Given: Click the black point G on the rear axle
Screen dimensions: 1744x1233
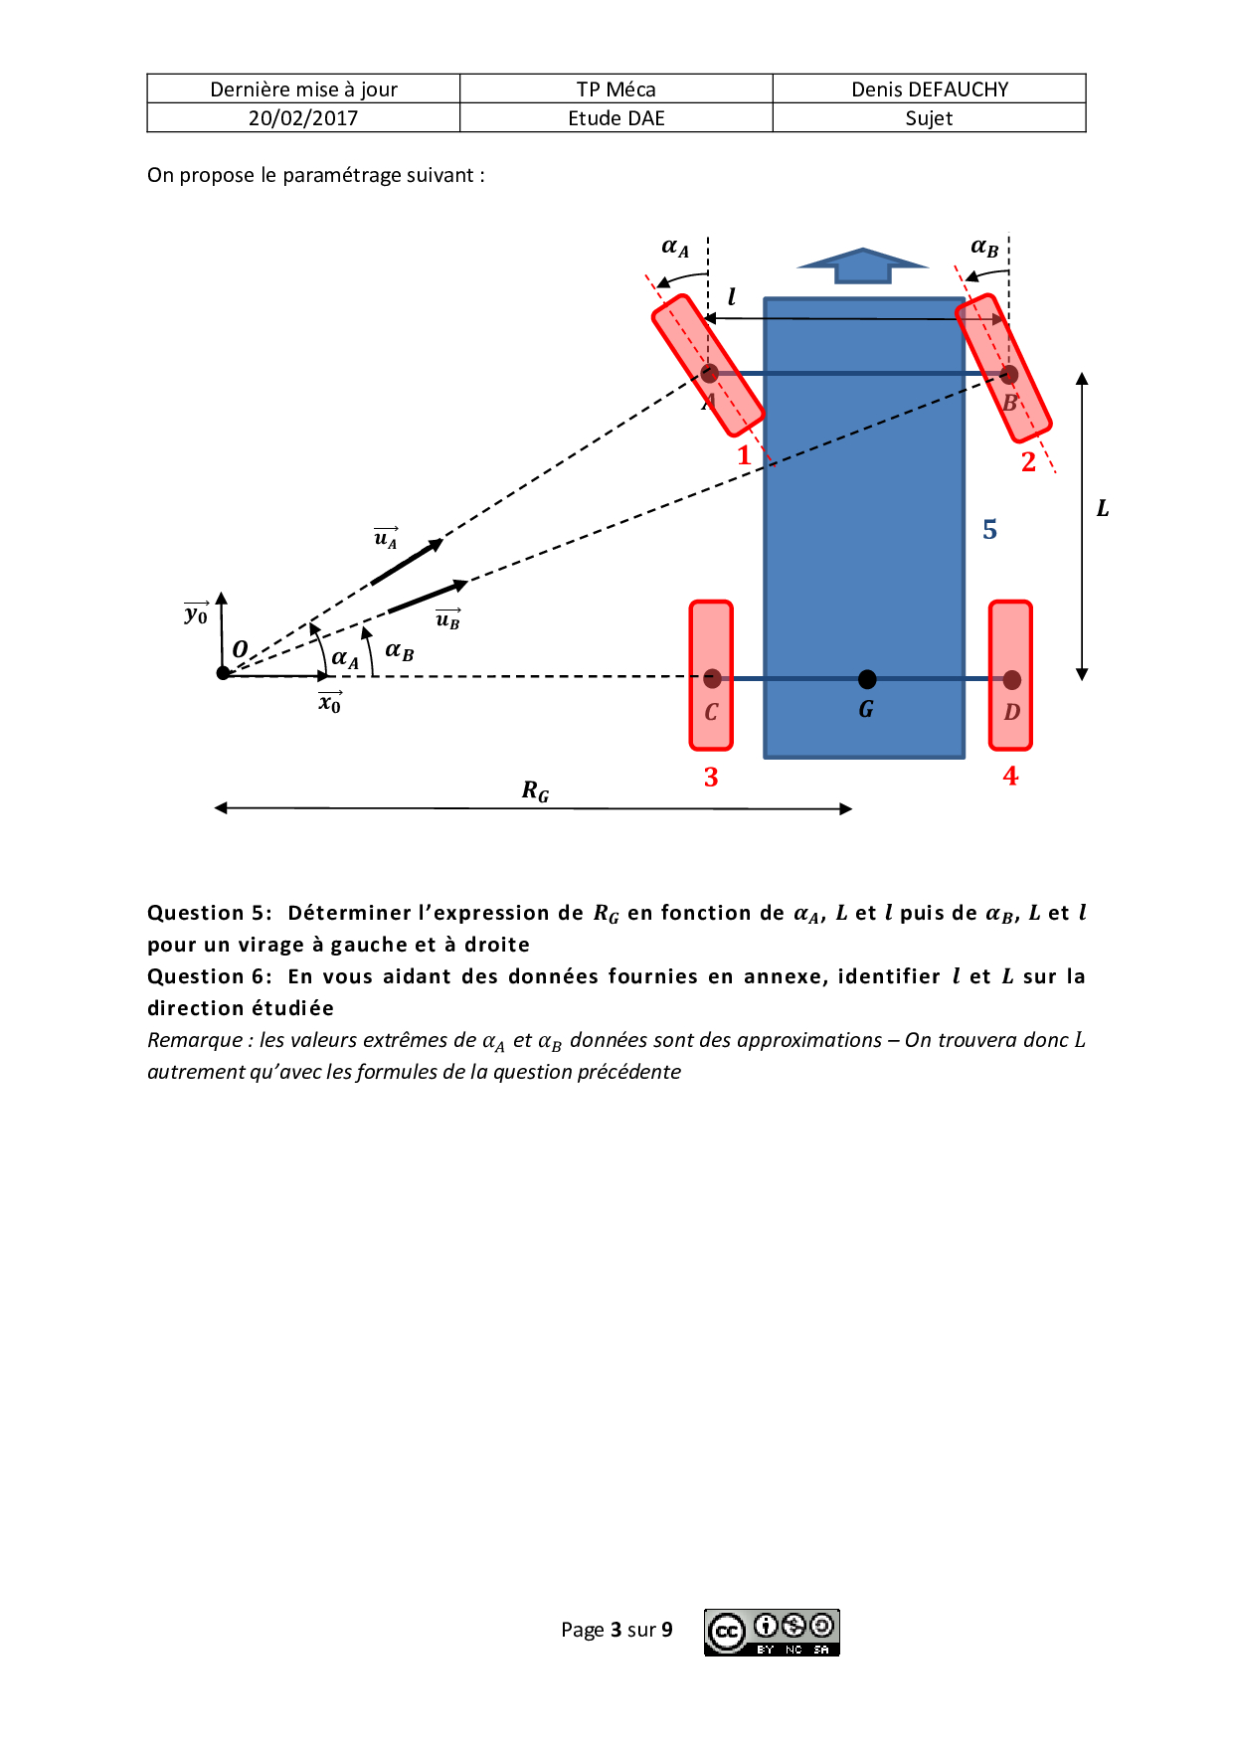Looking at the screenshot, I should click(x=867, y=679).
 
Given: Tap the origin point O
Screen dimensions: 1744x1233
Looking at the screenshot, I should click(x=224, y=673).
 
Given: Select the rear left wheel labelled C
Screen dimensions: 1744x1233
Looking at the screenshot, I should click(x=711, y=675).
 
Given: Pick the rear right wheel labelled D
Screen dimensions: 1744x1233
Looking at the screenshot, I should click(x=1010, y=675).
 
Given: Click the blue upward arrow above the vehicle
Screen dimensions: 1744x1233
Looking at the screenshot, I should click(x=862, y=265).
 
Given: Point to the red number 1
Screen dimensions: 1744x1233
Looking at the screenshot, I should click(x=744, y=456).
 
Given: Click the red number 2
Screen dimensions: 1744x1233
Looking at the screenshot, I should click(x=1028, y=462).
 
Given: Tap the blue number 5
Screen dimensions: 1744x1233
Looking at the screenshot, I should click(x=989, y=530).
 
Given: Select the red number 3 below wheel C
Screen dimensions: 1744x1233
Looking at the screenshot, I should click(x=711, y=778).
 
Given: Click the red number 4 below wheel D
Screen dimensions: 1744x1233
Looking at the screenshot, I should click(x=1010, y=777).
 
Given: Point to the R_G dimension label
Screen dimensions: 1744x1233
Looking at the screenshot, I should click(x=535, y=791).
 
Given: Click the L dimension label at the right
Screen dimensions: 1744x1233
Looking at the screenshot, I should click(x=1102, y=509).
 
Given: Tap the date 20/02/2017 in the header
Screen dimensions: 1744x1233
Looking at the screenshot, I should click(x=303, y=118).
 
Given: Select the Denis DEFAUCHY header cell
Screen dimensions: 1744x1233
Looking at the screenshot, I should click(x=929, y=89).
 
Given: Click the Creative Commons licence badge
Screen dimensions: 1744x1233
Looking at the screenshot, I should click(x=773, y=1632).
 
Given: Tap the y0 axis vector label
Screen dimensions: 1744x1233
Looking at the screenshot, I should click(x=196, y=614).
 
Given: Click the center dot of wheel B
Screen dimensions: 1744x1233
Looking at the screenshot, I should click(x=1009, y=375).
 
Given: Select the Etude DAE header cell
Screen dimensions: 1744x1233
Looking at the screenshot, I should click(x=616, y=118).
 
